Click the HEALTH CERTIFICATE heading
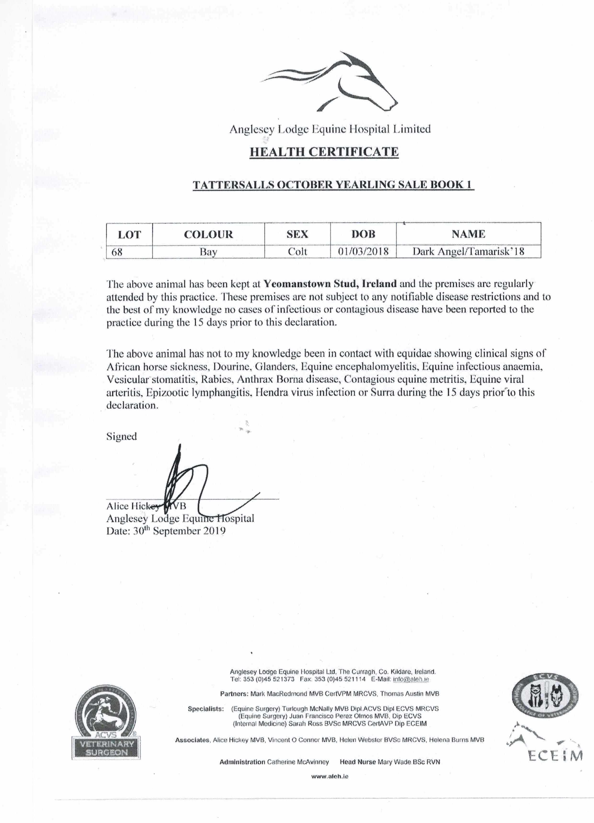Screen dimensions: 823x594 (x=324, y=152)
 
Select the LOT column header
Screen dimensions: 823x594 (x=129, y=234)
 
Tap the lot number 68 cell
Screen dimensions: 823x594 (x=117, y=252)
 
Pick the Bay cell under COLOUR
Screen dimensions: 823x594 (x=208, y=252)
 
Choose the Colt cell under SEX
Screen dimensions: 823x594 (x=297, y=252)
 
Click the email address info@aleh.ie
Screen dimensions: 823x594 (x=411, y=679)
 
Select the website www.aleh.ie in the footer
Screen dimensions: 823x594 (x=330, y=776)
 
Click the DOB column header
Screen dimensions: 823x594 (x=363, y=234)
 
